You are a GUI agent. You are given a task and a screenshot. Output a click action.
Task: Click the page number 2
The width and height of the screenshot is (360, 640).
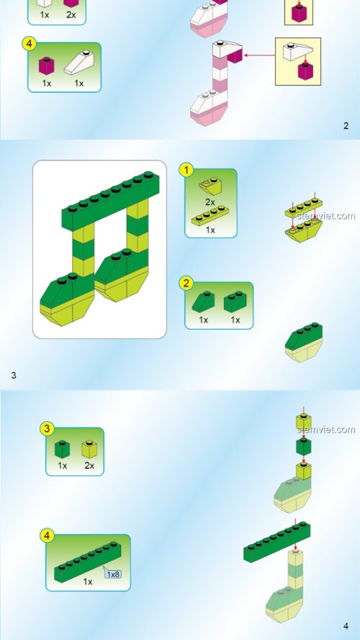pyautogui.click(x=346, y=126)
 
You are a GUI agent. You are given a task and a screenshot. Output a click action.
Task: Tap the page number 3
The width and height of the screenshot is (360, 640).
pyautogui.click(x=14, y=375)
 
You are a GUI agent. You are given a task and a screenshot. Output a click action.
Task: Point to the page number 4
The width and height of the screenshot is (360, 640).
pyautogui.click(x=346, y=626)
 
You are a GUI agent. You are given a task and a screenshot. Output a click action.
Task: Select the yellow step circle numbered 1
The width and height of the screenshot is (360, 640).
pyautogui.click(x=186, y=170)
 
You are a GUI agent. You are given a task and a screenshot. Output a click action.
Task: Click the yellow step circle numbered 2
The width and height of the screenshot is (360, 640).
pyautogui.click(x=186, y=283)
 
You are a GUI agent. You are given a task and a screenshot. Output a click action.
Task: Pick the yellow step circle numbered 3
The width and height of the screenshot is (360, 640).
pyautogui.click(x=47, y=428)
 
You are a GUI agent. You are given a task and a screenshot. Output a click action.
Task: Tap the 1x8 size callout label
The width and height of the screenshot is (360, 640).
pyautogui.click(x=112, y=574)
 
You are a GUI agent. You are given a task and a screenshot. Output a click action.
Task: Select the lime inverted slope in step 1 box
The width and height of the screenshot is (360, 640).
pyautogui.click(x=211, y=186)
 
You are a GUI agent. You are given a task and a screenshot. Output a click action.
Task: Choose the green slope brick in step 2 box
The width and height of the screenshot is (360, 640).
pyautogui.click(x=204, y=302)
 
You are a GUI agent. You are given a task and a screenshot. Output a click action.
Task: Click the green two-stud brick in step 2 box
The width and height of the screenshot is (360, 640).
pyautogui.click(x=235, y=302)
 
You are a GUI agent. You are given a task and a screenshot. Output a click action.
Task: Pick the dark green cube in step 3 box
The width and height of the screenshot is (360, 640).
pyautogui.click(x=62, y=449)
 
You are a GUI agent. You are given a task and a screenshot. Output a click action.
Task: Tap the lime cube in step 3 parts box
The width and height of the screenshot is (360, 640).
pyautogui.click(x=89, y=449)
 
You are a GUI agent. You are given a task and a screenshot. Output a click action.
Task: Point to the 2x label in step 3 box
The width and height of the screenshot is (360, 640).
pyautogui.click(x=89, y=465)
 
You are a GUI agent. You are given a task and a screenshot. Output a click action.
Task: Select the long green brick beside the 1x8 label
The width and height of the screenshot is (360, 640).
pyautogui.click(x=88, y=562)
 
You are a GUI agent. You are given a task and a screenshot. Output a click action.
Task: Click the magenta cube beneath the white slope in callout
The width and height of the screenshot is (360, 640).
pyautogui.click(x=306, y=71)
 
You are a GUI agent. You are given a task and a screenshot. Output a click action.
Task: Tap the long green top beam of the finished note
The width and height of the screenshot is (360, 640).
pyautogui.click(x=111, y=200)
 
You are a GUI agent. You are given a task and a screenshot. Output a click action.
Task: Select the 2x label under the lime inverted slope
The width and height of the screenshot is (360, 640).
pyautogui.click(x=210, y=202)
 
